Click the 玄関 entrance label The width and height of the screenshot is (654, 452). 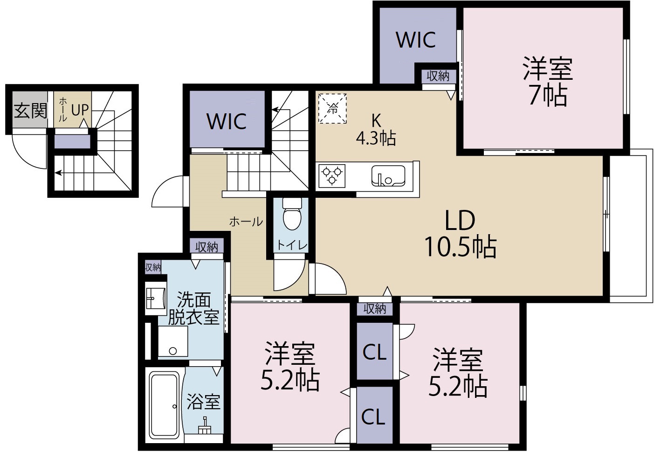(31, 111)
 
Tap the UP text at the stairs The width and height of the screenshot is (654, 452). (80, 110)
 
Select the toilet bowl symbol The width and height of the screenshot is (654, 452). (293, 216)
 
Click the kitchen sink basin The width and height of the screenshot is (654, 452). (388, 175)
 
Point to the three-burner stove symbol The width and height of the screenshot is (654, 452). (331, 175)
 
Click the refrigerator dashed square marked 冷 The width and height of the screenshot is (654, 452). (333, 109)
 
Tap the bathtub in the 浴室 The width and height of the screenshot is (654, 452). (164, 404)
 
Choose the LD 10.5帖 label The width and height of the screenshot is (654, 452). (460, 234)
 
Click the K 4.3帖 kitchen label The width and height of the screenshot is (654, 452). (376, 129)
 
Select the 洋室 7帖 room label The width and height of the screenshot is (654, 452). (547, 82)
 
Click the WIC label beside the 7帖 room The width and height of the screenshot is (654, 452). (416, 40)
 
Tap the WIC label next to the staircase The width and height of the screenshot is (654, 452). (227, 122)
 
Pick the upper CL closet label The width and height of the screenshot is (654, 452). (375, 353)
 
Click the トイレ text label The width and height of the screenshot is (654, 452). (292, 245)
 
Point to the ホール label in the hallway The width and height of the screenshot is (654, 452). (246, 222)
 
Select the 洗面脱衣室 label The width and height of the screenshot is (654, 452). (193, 309)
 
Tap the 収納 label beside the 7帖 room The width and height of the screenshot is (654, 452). (438, 76)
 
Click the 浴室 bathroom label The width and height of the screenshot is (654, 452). (203, 401)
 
